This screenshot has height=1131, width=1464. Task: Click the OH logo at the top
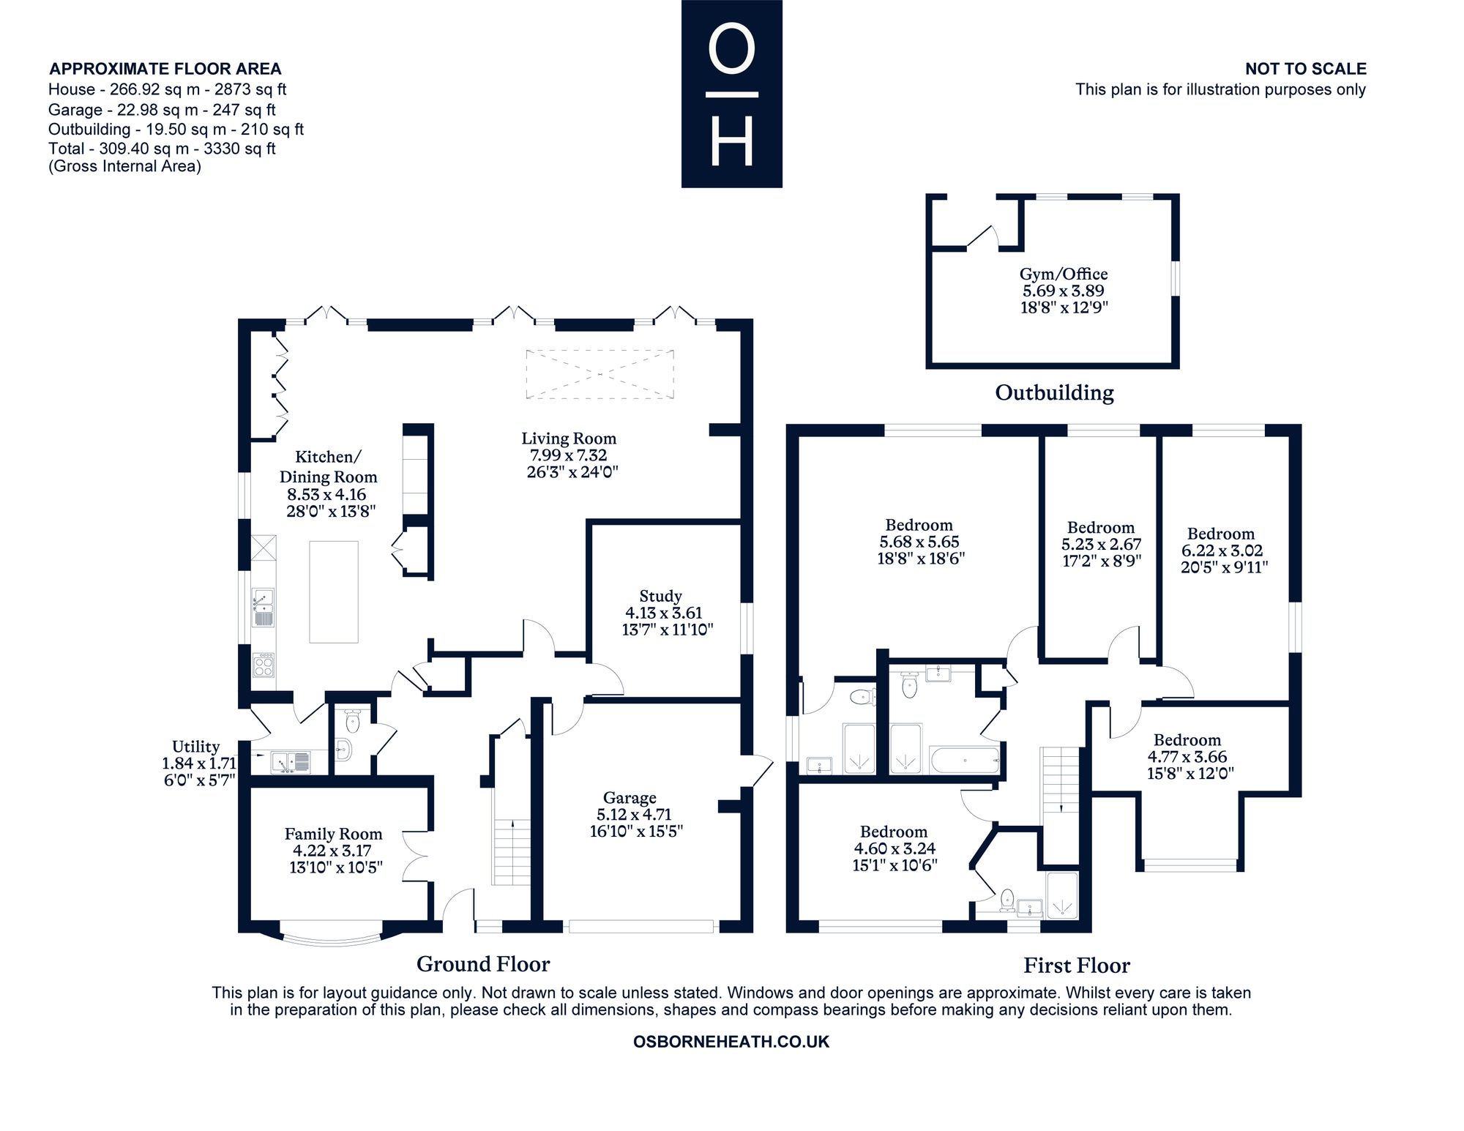(731, 94)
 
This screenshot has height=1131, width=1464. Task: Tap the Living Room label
(569, 438)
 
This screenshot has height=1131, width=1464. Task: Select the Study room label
(660, 596)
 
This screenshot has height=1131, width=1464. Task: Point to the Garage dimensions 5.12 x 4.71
(630, 814)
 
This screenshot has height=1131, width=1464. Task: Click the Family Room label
(333, 834)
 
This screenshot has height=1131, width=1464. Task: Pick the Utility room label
(195, 746)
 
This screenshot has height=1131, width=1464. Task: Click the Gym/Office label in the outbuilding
(1064, 275)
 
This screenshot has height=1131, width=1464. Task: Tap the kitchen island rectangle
(334, 591)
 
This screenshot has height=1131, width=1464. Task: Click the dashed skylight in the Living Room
(600, 374)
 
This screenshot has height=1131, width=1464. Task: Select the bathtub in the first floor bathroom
(965, 760)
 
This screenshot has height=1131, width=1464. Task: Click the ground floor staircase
(512, 852)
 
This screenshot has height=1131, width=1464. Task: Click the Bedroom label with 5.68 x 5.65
(919, 525)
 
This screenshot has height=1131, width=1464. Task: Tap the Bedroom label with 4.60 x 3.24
(893, 832)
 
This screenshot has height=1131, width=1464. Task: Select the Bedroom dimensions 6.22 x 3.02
(1221, 550)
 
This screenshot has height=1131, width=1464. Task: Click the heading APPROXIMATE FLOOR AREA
(165, 69)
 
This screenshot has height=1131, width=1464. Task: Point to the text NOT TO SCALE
(1306, 69)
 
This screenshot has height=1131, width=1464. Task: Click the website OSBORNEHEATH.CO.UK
(731, 1042)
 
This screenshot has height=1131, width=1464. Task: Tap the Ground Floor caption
(483, 963)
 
